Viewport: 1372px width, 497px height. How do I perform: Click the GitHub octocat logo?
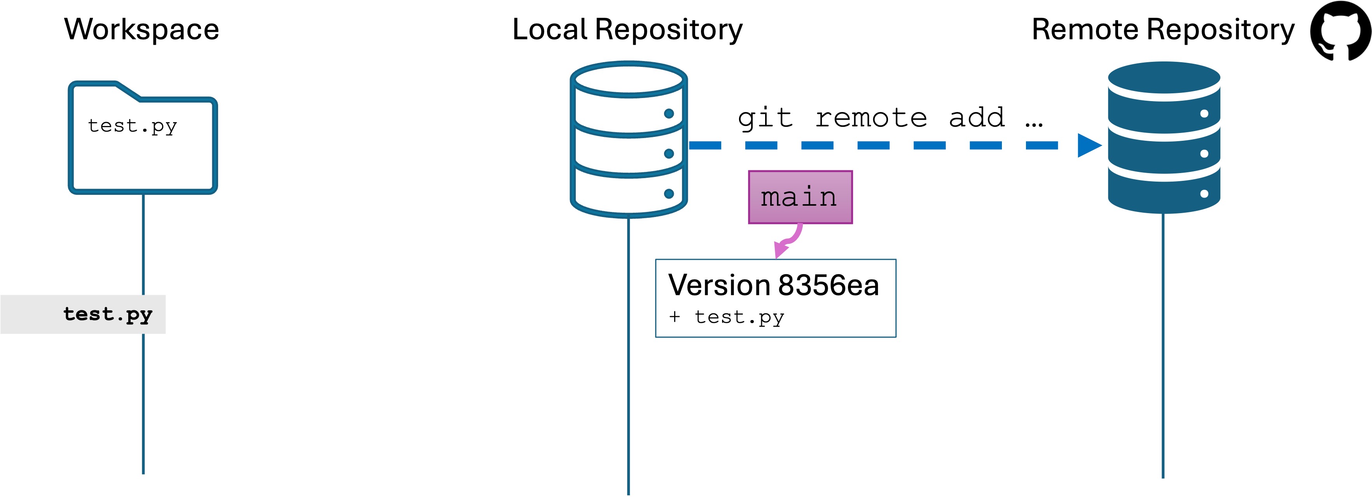point(1340,31)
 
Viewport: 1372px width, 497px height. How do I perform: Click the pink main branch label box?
point(800,197)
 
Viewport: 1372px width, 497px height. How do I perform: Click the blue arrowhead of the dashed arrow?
point(1088,145)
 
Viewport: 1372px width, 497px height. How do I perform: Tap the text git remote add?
point(871,118)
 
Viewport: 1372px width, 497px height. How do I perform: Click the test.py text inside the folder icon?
point(132,126)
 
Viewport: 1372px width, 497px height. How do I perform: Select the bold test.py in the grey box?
point(108,314)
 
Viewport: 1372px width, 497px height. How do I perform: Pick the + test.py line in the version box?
point(727,317)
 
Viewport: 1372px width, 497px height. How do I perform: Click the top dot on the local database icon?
point(669,114)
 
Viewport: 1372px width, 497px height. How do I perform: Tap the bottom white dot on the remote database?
point(1204,194)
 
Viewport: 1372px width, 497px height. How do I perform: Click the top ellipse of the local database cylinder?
point(629,80)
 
